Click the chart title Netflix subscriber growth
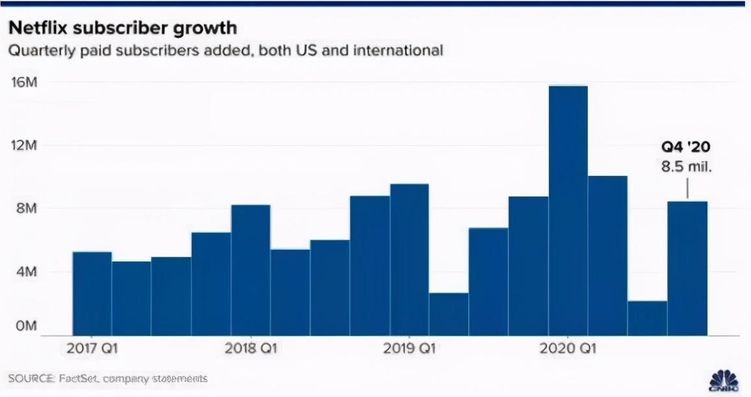pos(122,29)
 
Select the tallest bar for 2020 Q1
pos(568,211)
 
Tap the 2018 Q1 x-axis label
pos(251,348)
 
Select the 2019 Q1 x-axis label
pos(409,348)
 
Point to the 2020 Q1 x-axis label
pos(568,348)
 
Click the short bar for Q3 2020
pos(647,318)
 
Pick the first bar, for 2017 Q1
pos(92,293)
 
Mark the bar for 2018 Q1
pos(251,270)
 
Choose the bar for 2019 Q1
pos(409,259)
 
